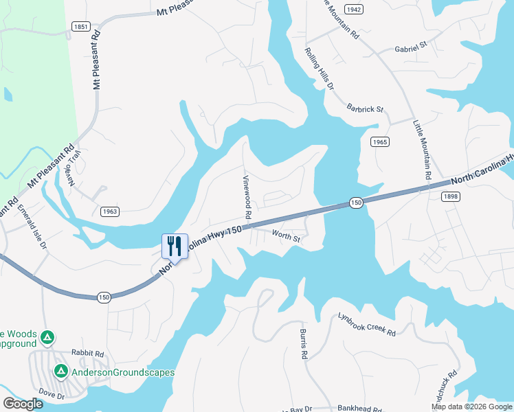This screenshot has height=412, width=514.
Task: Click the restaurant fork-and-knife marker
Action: point(175,247)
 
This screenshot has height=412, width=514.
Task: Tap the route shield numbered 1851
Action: point(80,26)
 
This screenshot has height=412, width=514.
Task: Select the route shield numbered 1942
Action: point(353,9)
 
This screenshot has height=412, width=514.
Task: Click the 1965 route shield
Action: point(380,141)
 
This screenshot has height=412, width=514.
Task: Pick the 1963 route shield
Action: point(109,211)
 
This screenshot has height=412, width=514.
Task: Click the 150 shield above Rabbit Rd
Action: point(103,297)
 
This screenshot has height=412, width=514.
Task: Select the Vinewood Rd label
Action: point(246,196)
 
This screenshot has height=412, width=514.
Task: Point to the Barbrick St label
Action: point(365,108)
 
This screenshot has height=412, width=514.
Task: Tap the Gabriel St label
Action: point(411,49)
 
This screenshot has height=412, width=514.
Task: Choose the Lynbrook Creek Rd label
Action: point(367,325)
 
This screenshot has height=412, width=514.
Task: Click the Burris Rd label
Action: point(302,344)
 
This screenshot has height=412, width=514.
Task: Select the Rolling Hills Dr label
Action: point(320,69)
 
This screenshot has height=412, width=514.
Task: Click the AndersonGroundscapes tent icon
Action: point(60,371)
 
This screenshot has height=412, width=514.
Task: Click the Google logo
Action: point(23,404)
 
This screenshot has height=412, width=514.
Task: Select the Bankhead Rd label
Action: point(358,407)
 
